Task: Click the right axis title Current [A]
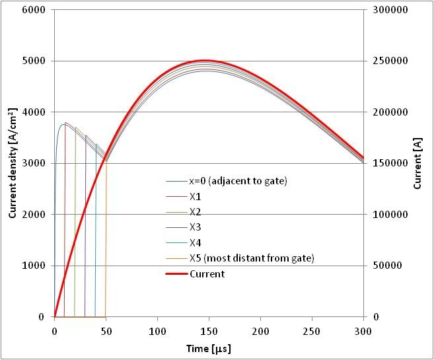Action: click(x=417, y=164)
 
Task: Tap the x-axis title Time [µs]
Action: click(x=209, y=348)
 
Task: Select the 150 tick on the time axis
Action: click(x=209, y=330)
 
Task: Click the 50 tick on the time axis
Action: click(x=106, y=330)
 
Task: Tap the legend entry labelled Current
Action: click(x=206, y=273)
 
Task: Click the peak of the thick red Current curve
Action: click(x=205, y=61)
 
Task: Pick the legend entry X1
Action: click(x=195, y=197)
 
